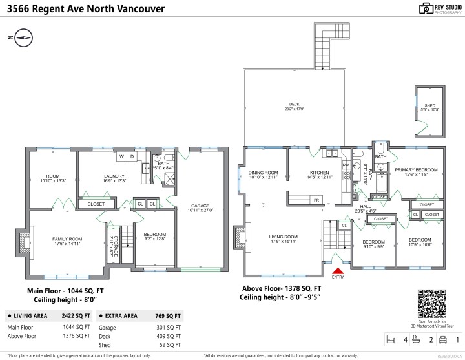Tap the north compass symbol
pyautogui.click(x=23, y=37)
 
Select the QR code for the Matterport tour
pyautogui.click(x=432, y=300)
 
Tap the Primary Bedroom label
pyautogui.click(x=416, y=171)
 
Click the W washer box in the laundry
pyautogui.click(x=121, y=156)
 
